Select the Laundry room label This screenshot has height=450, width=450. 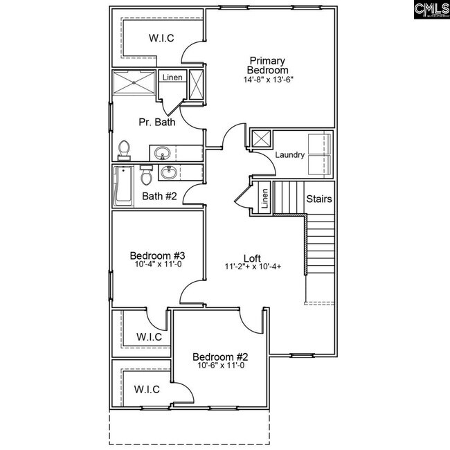coord(289,155)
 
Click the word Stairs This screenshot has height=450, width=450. coord(319,199)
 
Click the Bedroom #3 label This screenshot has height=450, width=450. coord(157,255)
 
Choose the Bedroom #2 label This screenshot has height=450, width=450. coord(218,357)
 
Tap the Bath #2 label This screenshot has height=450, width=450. coord(159,197)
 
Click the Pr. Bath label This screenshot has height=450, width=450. coord(156,123)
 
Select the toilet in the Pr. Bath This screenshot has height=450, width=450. coord(124,150)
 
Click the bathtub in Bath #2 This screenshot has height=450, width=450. coord(124,186)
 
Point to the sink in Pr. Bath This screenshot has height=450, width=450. coord(163,152)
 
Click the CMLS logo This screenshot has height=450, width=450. coord(429,11)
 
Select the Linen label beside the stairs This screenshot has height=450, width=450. coord(264,199)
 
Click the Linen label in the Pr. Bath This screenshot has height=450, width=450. coord(172,78)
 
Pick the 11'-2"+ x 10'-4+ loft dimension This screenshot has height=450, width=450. coord(252,267)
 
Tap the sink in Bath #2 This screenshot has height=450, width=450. coord(166,172)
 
